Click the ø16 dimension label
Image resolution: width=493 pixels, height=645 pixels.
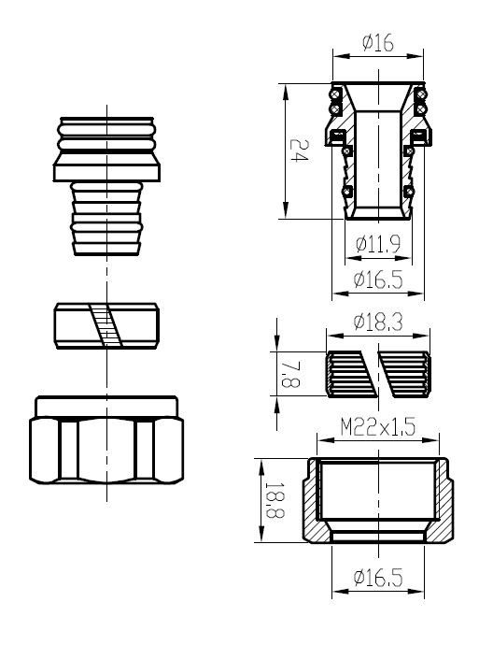tap(377, 43)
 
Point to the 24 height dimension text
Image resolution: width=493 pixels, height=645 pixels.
tap(300, 150)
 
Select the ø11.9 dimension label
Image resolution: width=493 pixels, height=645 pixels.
tap(378, 244)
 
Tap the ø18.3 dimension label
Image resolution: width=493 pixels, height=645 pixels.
tap(378, 322)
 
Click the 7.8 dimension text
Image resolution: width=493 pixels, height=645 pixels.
tap(291, 374)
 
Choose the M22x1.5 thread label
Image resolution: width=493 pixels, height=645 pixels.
tap(378, 427)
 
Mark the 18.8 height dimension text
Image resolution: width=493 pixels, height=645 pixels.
tap(275, 499)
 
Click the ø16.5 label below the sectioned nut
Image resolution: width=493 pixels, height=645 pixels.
tap(378, 578)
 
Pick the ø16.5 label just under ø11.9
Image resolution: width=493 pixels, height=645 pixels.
tap(378, 279)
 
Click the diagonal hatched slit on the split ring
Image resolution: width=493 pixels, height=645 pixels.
tap(106, 325)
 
